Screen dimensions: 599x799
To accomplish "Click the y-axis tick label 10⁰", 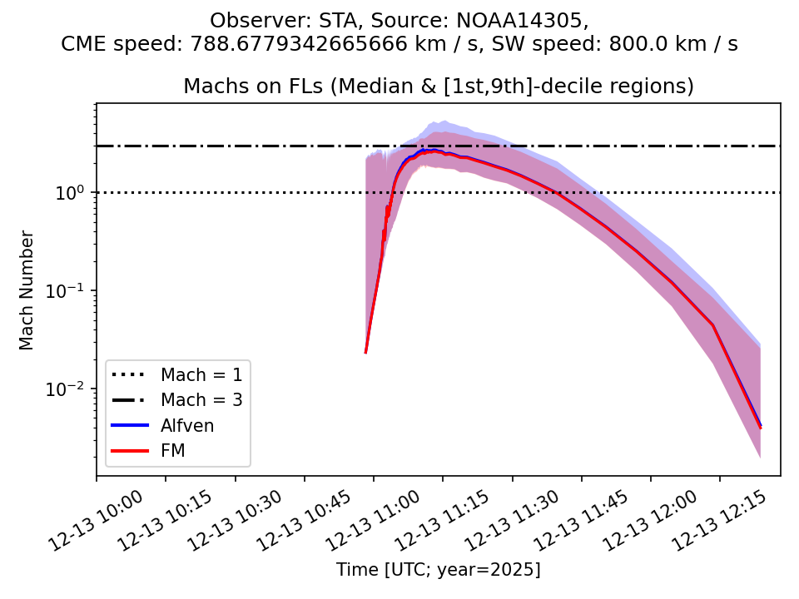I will [x=75, y=192].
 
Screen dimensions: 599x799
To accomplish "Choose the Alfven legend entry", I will [x=187, y=425].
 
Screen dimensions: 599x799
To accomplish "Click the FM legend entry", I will [x=172, y=451].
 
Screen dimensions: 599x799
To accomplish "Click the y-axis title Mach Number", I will [x=27, y=290].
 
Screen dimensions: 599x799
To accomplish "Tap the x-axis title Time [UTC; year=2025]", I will [x=438, y=570].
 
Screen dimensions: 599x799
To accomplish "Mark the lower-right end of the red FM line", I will [x=760, y=428].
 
